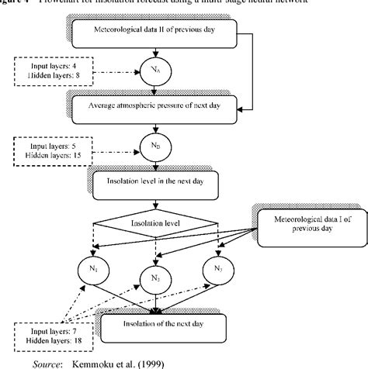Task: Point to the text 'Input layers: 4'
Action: point(42,65)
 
